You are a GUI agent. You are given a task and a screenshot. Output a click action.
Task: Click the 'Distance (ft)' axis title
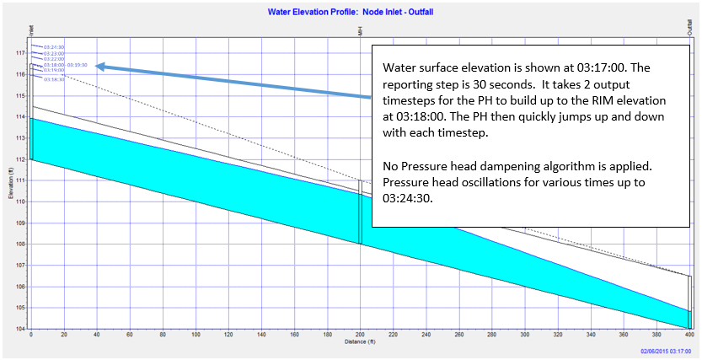361,342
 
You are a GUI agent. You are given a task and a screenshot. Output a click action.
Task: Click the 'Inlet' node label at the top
31,30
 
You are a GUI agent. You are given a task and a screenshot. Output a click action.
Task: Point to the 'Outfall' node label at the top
690,29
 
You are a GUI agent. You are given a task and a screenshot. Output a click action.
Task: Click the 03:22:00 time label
53,58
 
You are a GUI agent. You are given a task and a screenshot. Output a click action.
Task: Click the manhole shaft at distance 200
361,211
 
